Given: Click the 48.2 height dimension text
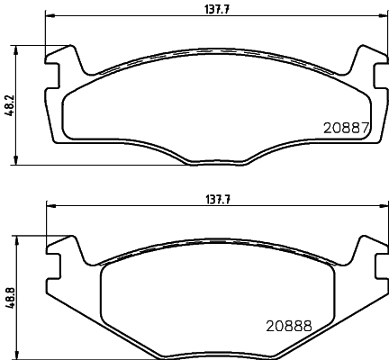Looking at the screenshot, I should point(9,106).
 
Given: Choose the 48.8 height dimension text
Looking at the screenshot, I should point(9,297).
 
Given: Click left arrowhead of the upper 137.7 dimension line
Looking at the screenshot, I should point(50,16).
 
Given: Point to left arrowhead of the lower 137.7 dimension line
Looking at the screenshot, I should point(50,208).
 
